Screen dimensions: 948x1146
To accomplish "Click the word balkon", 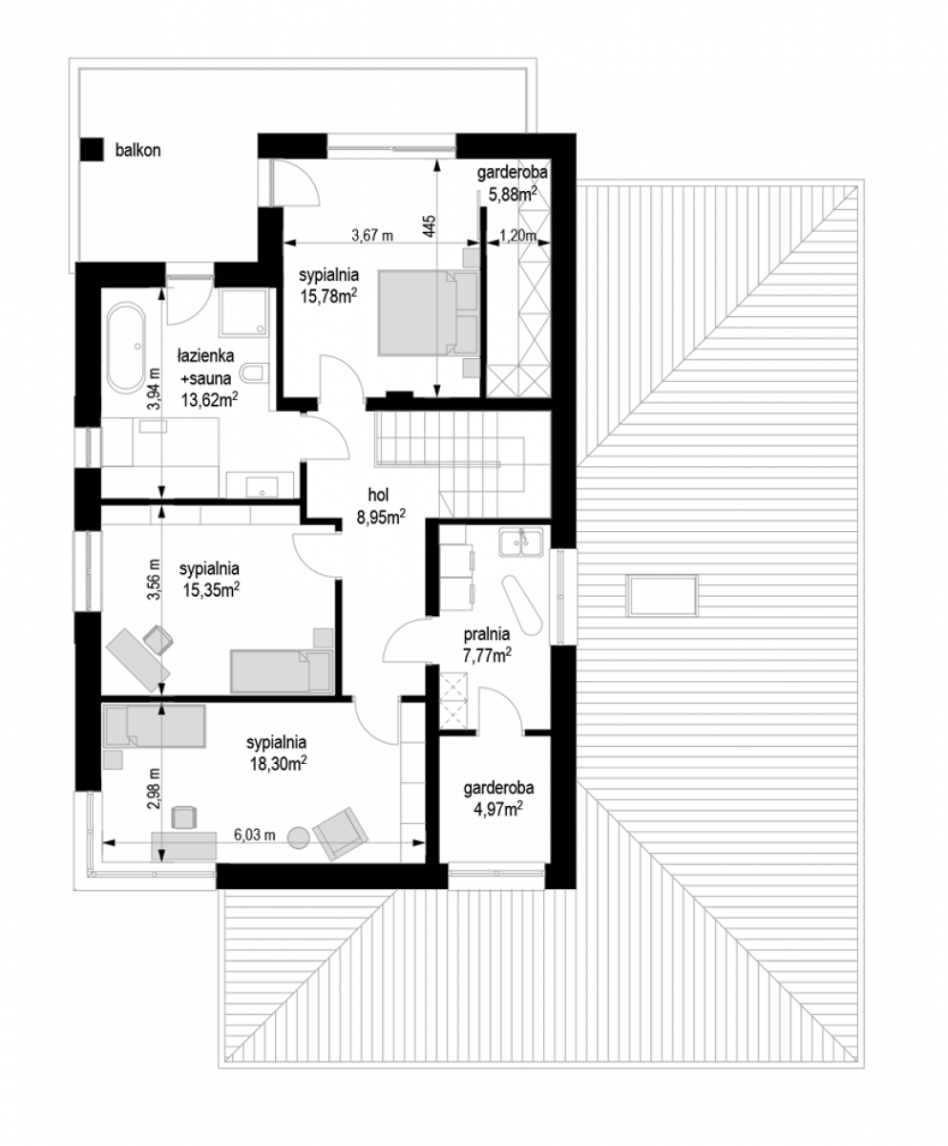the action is [x=137, y=150].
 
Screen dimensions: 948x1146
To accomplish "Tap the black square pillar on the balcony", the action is [x=92, y=149].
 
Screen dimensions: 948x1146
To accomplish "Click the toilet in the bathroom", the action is [x=256, y=372].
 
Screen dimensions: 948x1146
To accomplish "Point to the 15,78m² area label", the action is [x=328, y=297].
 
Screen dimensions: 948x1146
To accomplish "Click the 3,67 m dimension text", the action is [x=372, y=236].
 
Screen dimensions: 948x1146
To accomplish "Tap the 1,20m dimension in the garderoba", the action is [x=517, y=236].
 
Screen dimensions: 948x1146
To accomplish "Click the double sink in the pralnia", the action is [x=520, y=541].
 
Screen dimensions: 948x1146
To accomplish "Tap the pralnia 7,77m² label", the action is [x=488, y=645].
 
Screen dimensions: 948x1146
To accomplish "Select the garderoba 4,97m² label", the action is [x=498, y=798].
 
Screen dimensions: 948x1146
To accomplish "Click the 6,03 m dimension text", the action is [x=255, y=836].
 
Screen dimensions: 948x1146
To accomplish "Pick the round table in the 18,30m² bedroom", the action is [x=300, y=838].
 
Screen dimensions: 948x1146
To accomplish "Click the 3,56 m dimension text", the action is [x=156, y=579].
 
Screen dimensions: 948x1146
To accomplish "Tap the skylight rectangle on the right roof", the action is [x=664, y=596].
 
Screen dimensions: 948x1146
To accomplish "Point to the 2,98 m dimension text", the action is [x=156, y=788].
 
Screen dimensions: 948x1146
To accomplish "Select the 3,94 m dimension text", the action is [x=156, y=388].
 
